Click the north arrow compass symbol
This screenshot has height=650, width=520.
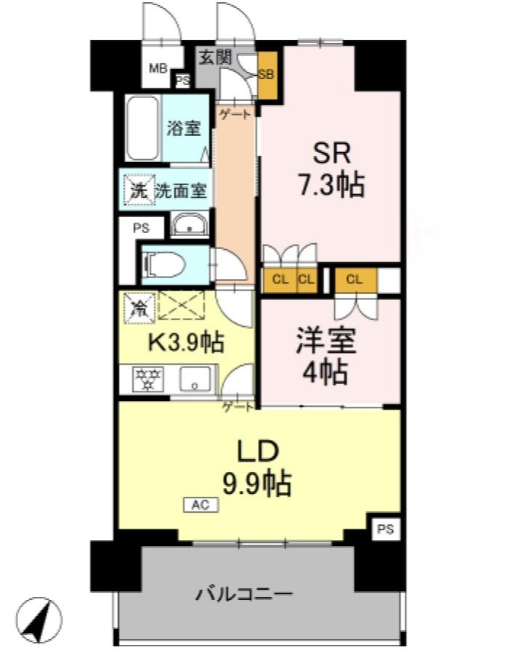pyautogui.click(x=38, y=619)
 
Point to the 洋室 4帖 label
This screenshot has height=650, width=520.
pyautogui.click(x=320, y=357)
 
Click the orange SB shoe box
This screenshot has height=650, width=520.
pyautogui.click(x=267, y=76)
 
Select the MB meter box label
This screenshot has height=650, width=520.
pyautogui.click(x=158, y=69)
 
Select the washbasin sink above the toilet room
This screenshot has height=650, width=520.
pyautogui.click(x=190, y=227)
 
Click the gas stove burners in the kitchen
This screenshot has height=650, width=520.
pyautogui.click(x=147, y=379)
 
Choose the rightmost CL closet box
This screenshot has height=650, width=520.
pyautogui.click(x=355, y=280)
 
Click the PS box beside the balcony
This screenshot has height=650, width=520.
pyautogui.click(x=384, y=530)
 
